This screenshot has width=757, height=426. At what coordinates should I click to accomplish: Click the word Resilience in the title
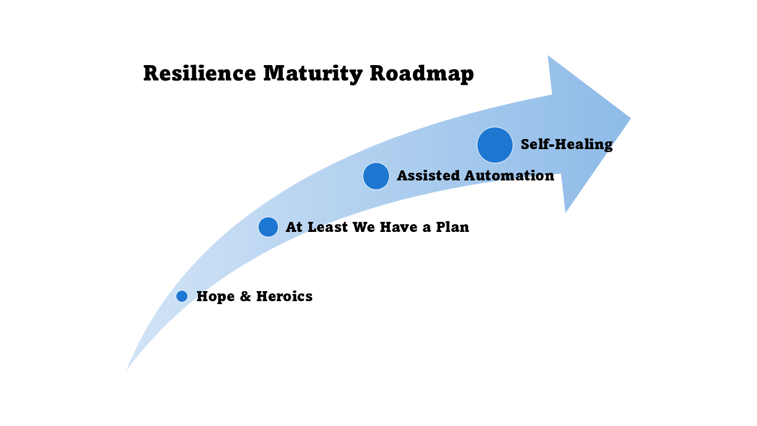click(199, 74)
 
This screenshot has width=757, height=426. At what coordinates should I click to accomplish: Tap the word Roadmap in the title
click(422, 74)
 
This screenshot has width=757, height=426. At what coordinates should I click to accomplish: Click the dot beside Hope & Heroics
click(182, 296)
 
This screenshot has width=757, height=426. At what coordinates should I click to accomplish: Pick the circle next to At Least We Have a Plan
click(268, 227)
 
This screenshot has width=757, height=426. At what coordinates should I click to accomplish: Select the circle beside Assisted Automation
click(376, 176)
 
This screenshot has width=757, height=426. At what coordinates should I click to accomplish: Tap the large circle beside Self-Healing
click(495, 145)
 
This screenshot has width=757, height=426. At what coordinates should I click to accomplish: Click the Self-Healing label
click(567, 144)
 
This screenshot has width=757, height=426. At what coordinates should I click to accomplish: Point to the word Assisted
click(428, 176)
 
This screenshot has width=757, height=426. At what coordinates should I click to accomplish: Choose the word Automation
click(509, 176)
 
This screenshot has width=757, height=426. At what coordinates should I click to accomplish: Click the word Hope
click(215, 296)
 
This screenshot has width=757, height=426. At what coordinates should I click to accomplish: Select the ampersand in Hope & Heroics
click(245, 296)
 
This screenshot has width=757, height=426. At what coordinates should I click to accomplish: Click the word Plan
click(452, 227)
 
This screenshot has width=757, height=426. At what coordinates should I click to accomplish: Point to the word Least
click(328, 227)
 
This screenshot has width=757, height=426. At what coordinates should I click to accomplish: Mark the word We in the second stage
click(364, 227)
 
